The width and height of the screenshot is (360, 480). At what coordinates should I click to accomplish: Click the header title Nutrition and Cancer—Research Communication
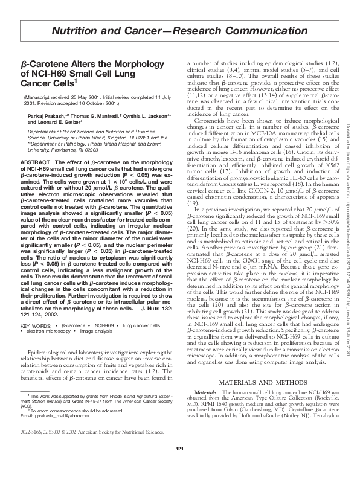point(179,30)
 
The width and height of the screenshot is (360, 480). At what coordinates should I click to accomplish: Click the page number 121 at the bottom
point(179,464)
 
